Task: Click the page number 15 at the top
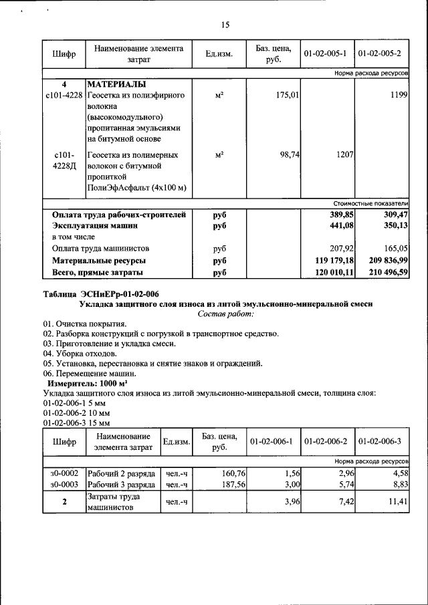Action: point(225,25)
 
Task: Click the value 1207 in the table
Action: point(343,154)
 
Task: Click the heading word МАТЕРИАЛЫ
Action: point(116,85)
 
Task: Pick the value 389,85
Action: point(338,215)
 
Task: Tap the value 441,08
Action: point(338,226)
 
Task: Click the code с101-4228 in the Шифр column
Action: point(64,96)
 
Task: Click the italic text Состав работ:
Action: point(226,314)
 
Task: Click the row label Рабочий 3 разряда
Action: point(122,484)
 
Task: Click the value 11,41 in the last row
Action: point(397,501)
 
